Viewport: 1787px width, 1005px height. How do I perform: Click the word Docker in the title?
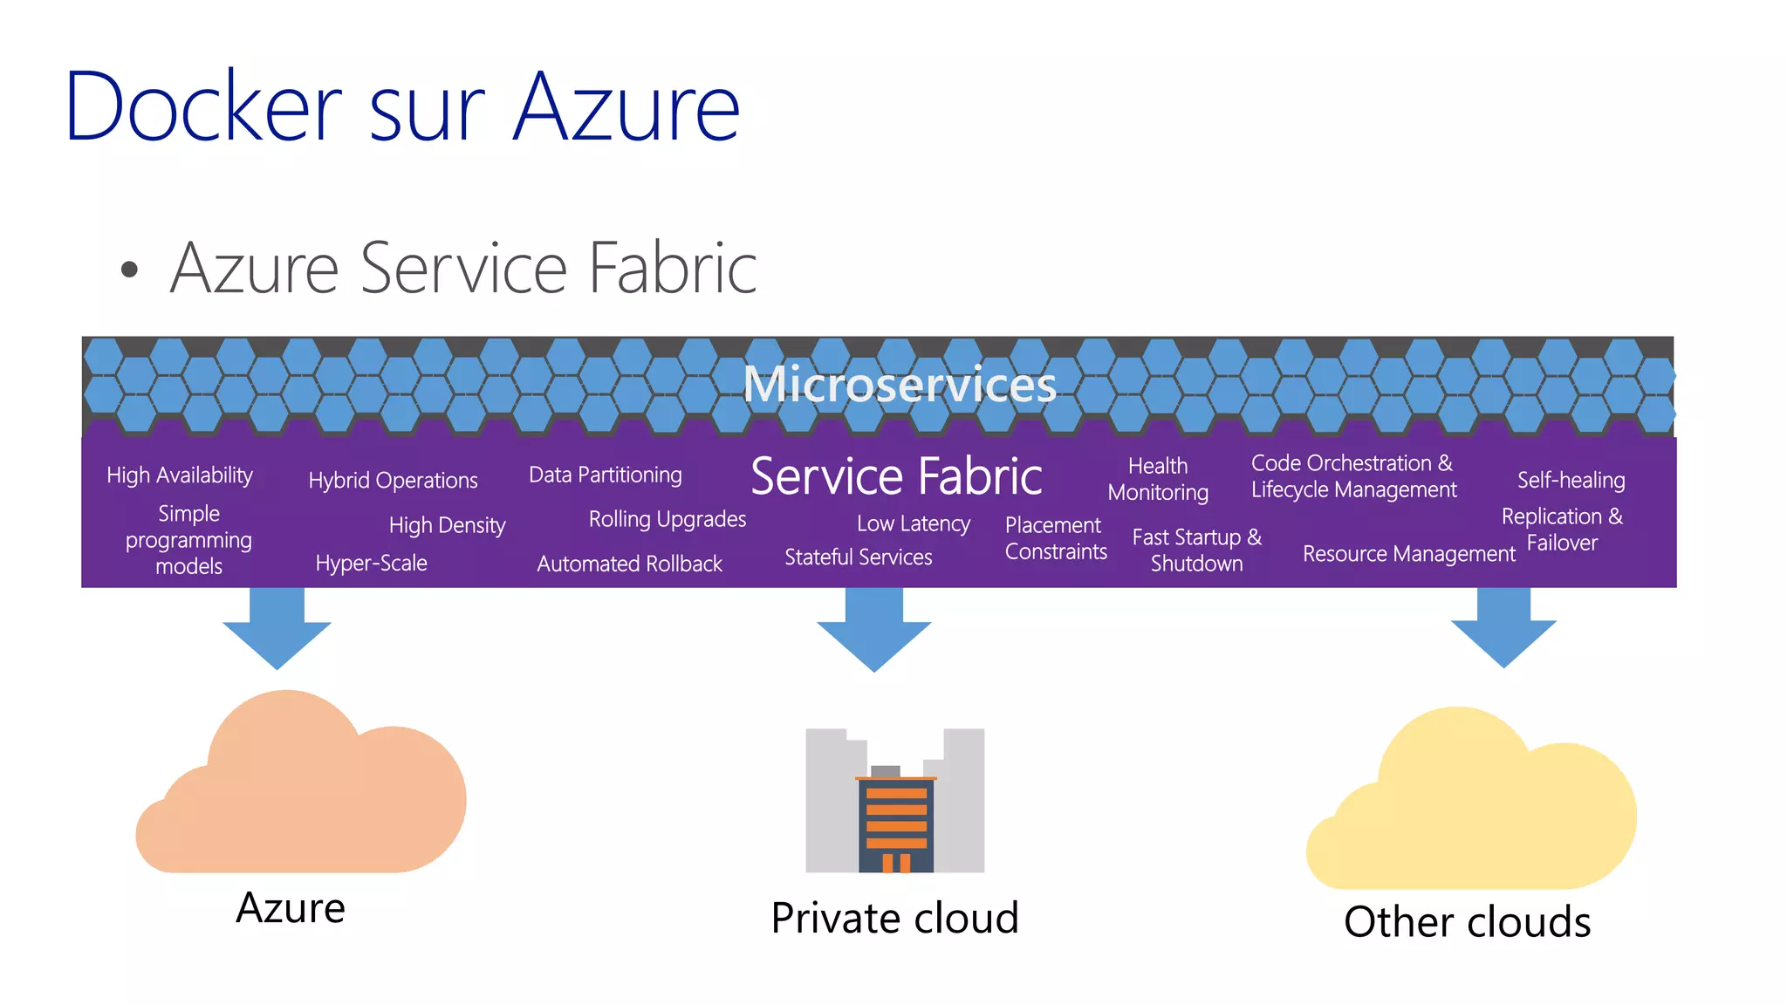click(202, 107)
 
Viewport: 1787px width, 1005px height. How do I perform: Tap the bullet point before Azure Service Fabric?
click(129, 270)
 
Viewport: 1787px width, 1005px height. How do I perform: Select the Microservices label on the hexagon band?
click(899, 384)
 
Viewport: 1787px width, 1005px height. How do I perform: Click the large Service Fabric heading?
click(896, 476)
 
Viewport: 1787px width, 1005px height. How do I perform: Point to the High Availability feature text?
click(180, 475)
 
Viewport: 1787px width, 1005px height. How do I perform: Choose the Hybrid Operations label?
click(393, 481)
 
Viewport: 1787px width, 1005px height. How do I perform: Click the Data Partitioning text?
click(606, 475)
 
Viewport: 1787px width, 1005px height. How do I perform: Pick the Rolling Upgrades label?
click(668, 520)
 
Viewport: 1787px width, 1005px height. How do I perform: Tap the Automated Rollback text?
click(629, 564)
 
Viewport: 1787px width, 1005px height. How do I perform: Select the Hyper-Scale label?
click(372, 564)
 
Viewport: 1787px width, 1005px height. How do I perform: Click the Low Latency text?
click(914, 524)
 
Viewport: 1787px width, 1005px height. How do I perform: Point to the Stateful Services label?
click(859, 557)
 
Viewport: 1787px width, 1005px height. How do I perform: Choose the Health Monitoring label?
click(1158, 480)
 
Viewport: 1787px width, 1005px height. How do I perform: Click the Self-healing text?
click(1571, 481)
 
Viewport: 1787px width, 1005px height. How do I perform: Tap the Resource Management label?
click(1409, 554)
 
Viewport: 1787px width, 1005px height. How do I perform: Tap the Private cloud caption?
click(895, 919)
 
